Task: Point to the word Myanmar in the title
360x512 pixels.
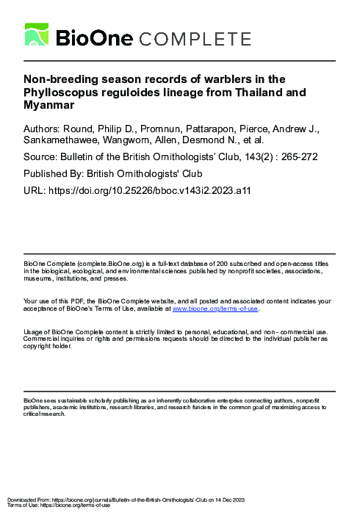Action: (46, 105)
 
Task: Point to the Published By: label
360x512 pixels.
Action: (54, 174)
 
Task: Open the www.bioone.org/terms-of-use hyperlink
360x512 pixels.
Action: (215, 309)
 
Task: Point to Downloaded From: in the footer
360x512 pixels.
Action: (24, 500)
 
